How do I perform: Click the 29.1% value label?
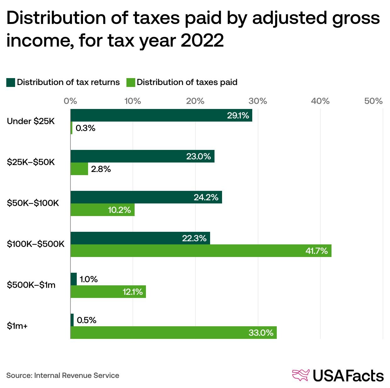(238, 116)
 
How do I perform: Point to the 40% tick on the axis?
(320, 101)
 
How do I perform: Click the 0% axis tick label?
(70, 101)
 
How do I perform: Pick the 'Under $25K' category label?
(31, 121)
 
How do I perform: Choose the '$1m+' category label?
(17, 326)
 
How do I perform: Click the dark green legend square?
(11, 83)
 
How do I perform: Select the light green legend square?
(131, 83)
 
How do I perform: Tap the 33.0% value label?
(261, 333)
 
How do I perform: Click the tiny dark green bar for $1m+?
(72, 320)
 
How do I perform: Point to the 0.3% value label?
(85, 128)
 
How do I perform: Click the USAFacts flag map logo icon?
(301, 375)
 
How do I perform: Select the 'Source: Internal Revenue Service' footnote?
(63, 375)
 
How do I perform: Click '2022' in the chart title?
(202, 40)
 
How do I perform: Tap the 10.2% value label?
(119, 210)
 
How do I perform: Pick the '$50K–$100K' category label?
(33, 203)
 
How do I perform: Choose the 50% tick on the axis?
(373, 101)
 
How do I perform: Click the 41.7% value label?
(316, 251)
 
